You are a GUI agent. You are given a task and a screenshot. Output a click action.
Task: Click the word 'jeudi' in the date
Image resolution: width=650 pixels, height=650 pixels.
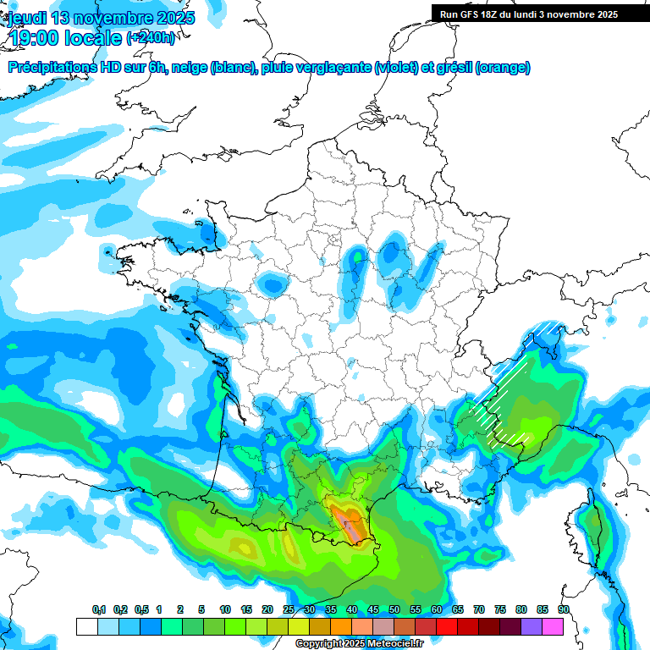pos(28,18)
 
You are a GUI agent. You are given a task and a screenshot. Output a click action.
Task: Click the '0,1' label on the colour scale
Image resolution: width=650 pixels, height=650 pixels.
pos(98,610)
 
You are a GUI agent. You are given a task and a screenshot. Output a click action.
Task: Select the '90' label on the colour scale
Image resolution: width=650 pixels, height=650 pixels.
pos(564,610)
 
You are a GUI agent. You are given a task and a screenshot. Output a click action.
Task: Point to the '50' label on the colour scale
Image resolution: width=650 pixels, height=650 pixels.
pos(394,610)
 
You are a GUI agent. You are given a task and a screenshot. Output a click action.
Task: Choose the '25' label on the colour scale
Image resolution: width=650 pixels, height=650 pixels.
pos(289,610)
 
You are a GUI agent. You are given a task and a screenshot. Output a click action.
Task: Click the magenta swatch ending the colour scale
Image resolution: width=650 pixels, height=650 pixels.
pos(554,626)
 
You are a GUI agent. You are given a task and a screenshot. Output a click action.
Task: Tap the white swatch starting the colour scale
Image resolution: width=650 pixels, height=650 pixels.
pos(86,626)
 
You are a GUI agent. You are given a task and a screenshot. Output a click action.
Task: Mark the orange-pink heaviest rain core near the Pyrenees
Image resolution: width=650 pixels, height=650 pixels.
pos(347,521)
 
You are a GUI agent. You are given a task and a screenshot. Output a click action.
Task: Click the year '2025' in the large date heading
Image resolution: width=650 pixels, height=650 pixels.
pos(174,18)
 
